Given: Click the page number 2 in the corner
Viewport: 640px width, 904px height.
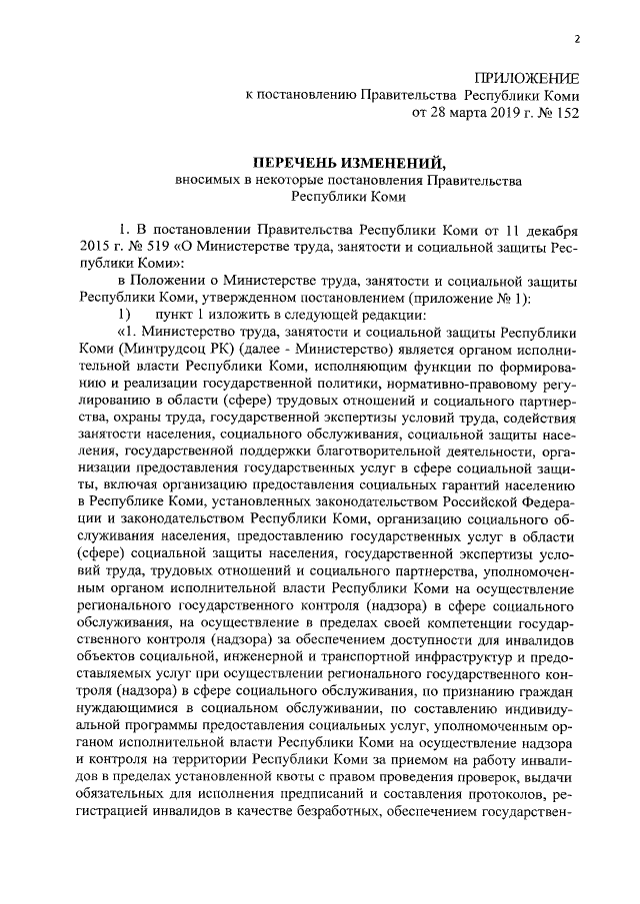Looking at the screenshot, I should point(577,40).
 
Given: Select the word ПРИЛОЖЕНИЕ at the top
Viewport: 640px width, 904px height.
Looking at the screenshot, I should point(527,77).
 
